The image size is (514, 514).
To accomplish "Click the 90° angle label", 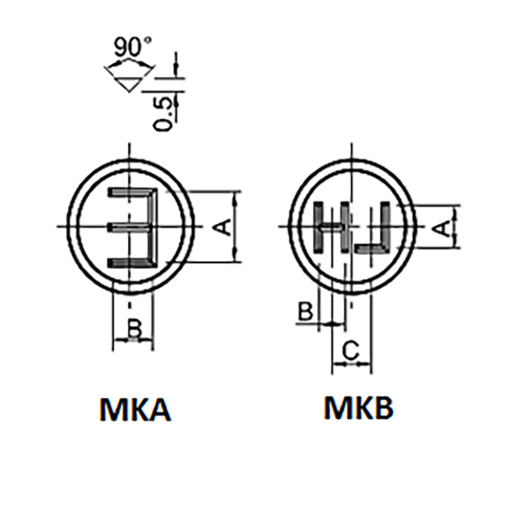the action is [x=132, y=46].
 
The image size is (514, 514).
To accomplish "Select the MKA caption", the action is [x=135, y=409].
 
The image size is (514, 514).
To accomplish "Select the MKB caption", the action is [x=359, y=407].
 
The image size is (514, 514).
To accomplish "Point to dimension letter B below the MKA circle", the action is [x=134, y=329].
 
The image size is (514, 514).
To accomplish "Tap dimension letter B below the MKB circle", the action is [x=305, y=311].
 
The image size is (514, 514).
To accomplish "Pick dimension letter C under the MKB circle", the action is [x=351, y=350].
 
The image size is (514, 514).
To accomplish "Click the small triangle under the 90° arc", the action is [x=129, y=84].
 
